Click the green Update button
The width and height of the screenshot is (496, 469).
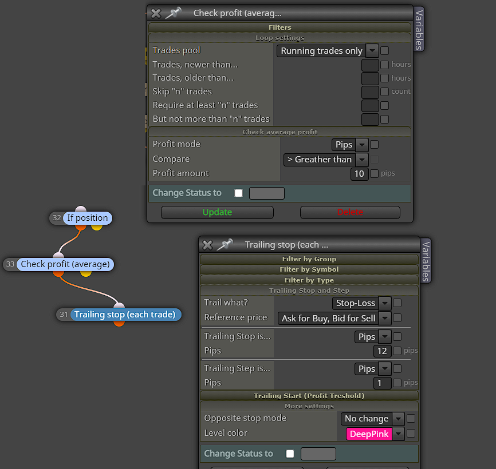pos(217,212)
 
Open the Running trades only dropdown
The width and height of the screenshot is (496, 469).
pos(328,50)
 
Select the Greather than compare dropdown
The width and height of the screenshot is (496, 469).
pos(326,160)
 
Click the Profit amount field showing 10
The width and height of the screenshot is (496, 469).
pos(359,174)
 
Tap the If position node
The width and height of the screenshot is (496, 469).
pos(87,218)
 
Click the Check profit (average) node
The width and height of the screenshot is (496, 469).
pos(65,264)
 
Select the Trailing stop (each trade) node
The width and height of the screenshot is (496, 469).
pos(125,315)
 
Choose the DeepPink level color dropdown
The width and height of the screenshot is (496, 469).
pos(375,434)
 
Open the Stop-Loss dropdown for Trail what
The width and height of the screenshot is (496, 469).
pos(361,303)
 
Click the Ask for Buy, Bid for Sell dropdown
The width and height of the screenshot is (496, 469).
pos(334,319)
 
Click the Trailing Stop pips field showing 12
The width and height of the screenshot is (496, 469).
pos(382,351)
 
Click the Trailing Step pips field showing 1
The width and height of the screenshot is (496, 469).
pos(382,383)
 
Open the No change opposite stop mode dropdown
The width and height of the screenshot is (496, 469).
pos(372,419)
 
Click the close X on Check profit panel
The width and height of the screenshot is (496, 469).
pos(156,13)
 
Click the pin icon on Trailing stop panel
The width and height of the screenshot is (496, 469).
pos(225,244)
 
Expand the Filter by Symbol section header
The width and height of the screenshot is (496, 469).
pos(309,269)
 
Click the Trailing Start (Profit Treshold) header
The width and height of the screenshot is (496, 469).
pos(309,396)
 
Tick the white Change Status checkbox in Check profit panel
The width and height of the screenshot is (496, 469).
pos(238,193)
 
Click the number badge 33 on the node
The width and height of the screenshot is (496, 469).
pos(10,264)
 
